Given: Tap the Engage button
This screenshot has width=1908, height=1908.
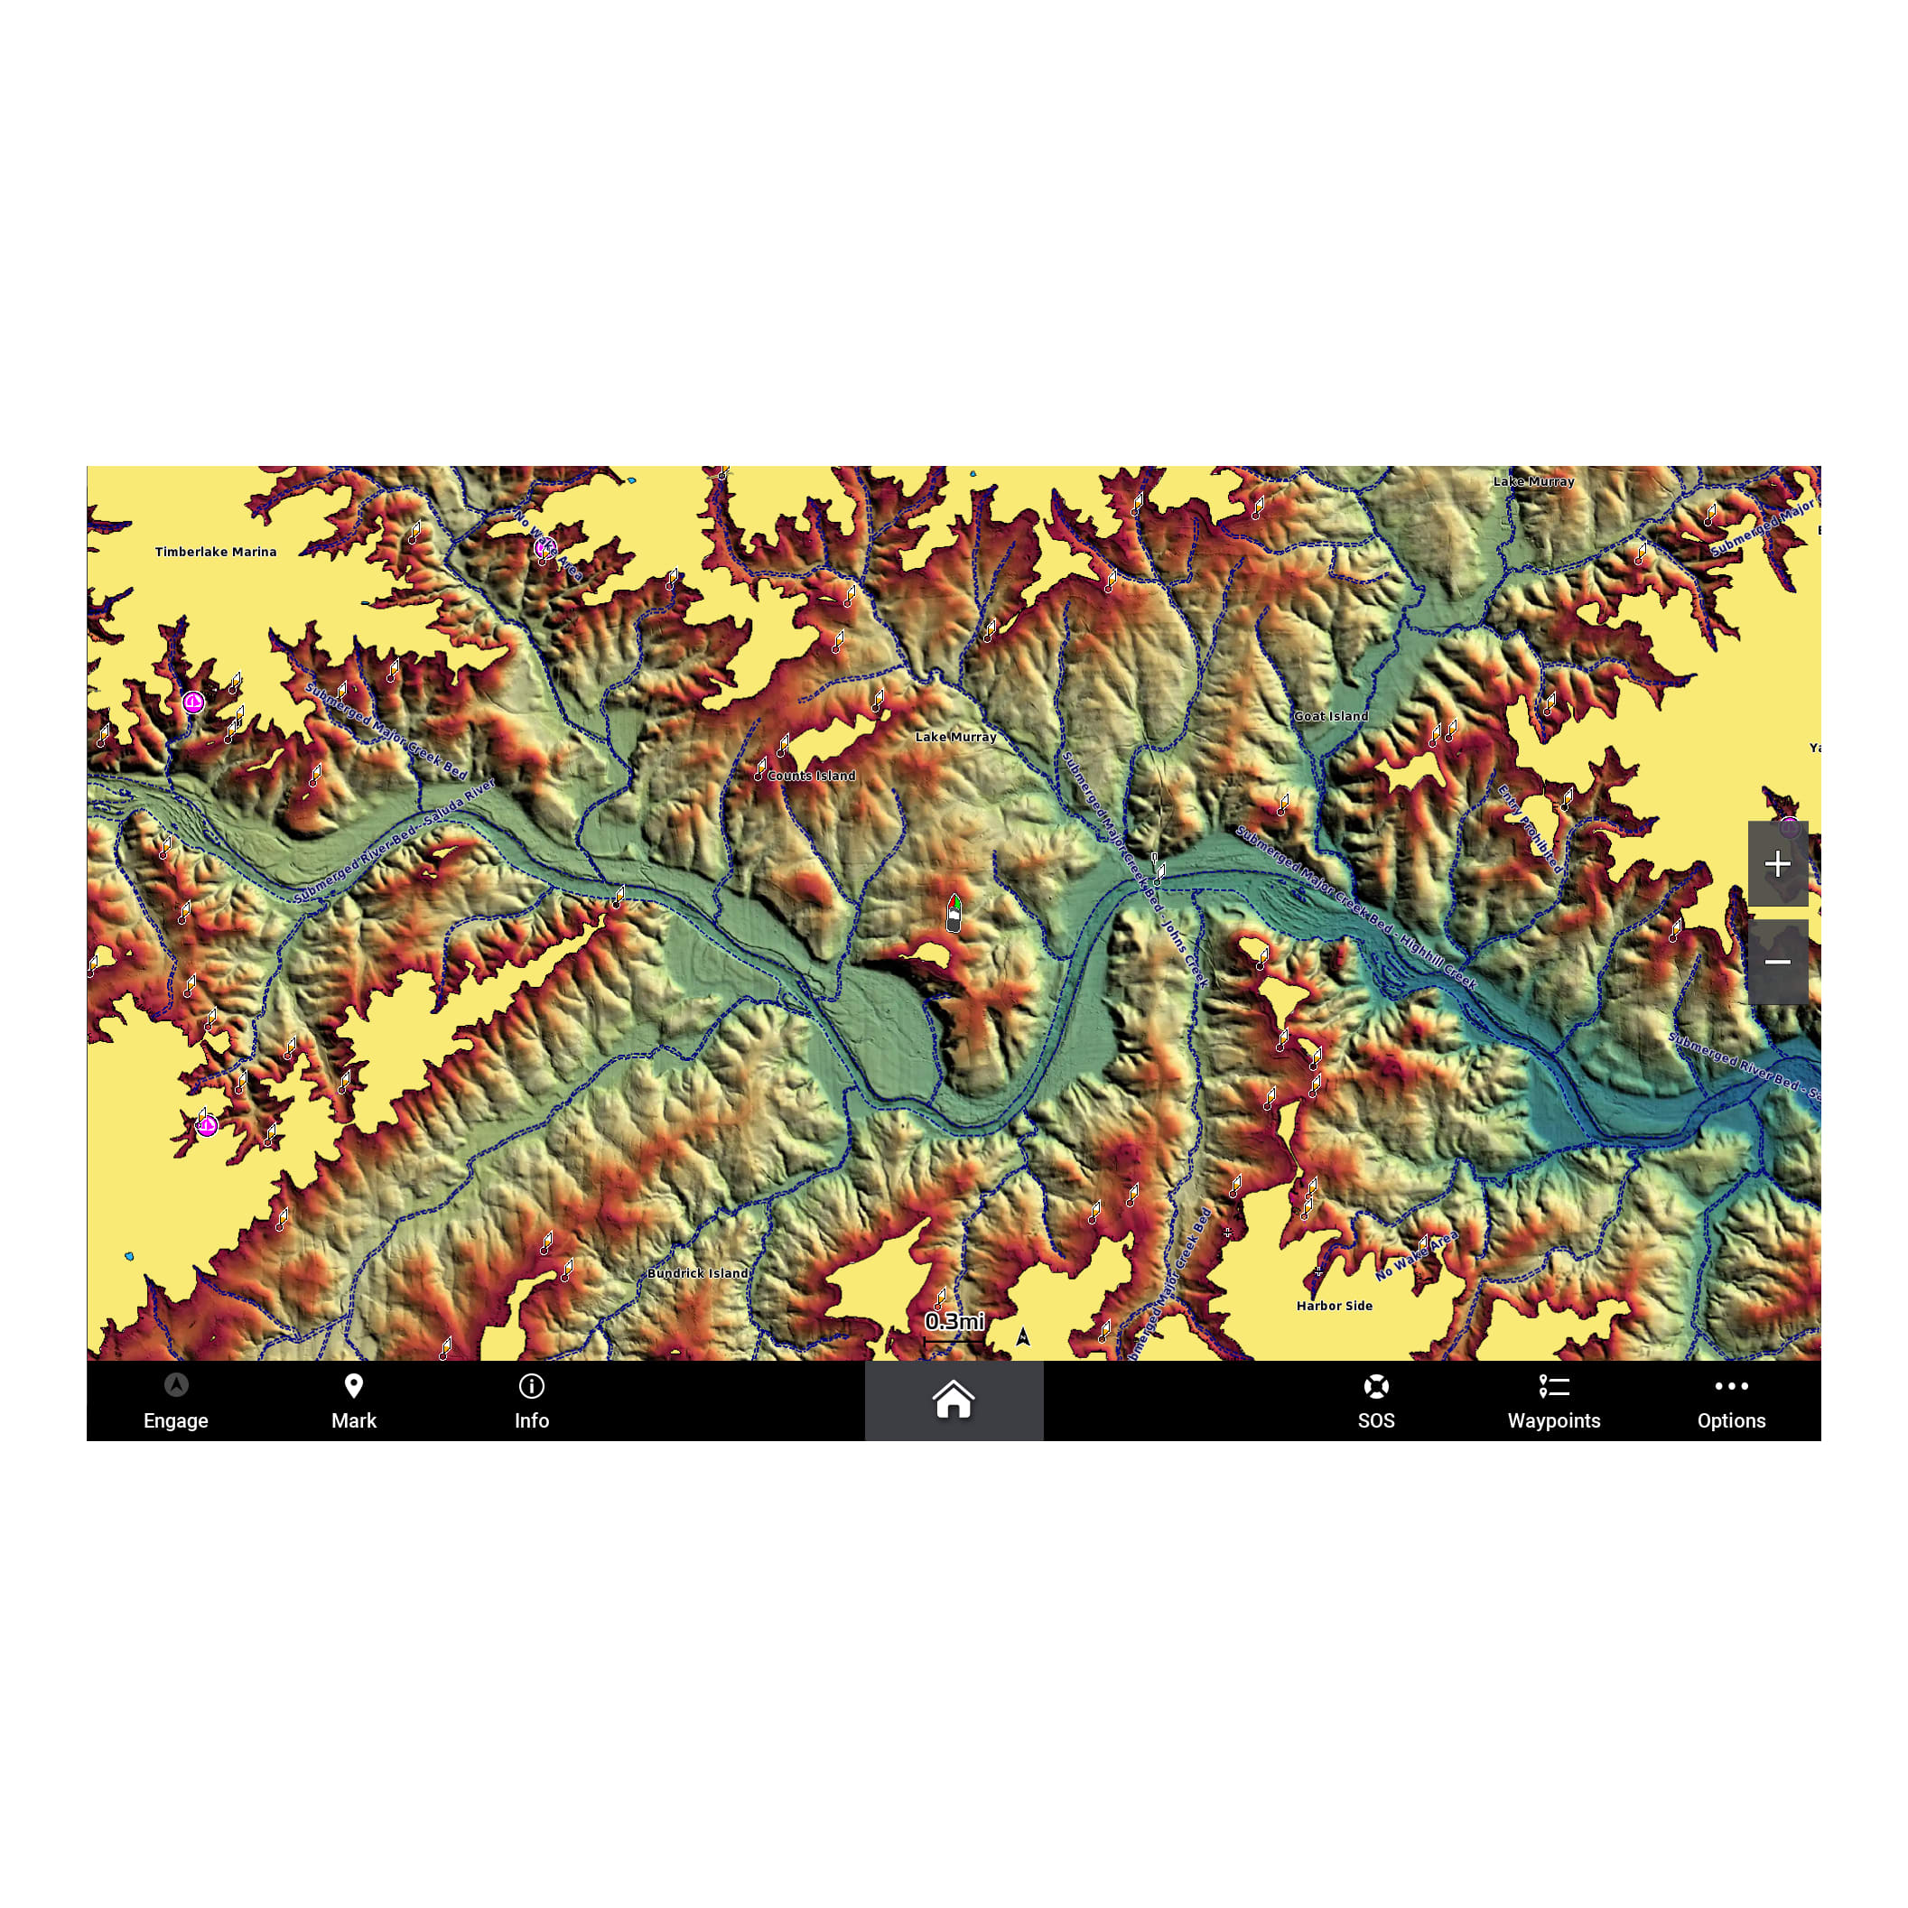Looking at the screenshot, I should [176, 1401].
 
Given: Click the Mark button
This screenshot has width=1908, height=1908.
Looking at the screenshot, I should [354, 1401].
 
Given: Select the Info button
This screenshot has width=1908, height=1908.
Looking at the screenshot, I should [531, 1401].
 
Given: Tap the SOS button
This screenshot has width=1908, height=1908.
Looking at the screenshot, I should [1376, 1401].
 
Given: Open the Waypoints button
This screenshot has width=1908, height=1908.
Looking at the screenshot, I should [1553, 1401].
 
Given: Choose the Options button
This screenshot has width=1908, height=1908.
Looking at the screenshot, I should [1731, 1401].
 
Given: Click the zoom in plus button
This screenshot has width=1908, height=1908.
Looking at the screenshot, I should [1778, 864].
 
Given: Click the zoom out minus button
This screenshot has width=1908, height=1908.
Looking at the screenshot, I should [1778, 962].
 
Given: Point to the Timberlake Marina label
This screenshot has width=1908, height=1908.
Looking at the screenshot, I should [215, 552].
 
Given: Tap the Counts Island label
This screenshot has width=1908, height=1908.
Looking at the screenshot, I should [811, 777].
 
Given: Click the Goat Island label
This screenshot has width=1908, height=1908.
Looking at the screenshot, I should [1330, 716].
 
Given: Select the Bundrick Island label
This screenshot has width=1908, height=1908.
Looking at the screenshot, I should [697, 1273].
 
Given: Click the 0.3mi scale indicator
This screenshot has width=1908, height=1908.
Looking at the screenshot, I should [954, 1321].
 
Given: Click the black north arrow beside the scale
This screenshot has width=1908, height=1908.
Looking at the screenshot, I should [1023, 1336].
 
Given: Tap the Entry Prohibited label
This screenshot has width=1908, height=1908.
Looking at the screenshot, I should [1530, 830].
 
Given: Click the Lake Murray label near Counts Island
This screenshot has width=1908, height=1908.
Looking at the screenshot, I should [955, 737].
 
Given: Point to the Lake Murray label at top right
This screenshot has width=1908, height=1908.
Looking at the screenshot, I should [1532, 482].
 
